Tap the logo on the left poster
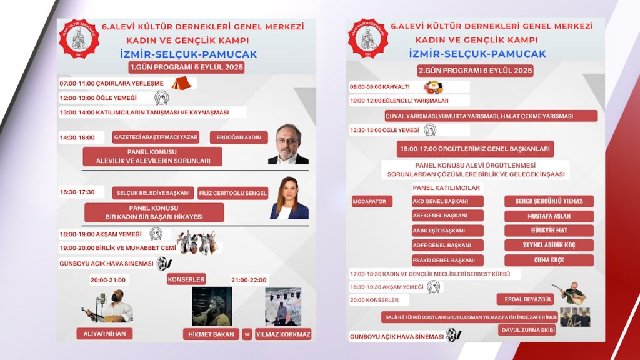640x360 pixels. pos(78,39)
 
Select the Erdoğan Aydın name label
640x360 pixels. pos(239,137)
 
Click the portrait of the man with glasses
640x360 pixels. pos(288,144)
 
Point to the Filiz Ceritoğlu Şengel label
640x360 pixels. pos(232,193)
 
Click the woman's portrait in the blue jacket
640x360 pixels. pos(289,198)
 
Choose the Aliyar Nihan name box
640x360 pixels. pos(104,334)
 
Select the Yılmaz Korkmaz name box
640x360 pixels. pos(283,334)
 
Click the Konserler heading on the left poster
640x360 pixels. pos(186,279)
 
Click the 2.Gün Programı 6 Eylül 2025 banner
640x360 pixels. pos(476,71)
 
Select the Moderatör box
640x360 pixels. pos(372,201)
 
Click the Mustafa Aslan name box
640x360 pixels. pos(549,216)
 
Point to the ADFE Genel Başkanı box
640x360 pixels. pos(447,245)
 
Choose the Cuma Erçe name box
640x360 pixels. pos(549,260)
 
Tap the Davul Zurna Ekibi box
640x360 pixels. pos(527,330)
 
